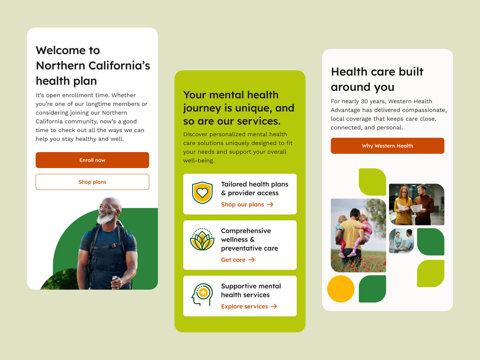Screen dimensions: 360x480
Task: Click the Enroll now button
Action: coord(92,160)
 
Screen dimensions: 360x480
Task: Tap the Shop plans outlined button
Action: coord(92,182)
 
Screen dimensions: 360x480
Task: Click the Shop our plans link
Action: coord(242,204)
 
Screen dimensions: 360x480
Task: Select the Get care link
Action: coord(233,260)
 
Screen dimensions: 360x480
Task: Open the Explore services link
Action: coord(244,306)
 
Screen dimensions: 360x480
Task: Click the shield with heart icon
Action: coord(202,192)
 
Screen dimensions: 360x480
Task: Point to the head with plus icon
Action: coord(202,294)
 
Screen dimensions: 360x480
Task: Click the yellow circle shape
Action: coord(341,289)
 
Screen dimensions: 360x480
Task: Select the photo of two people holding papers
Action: coord(417,204)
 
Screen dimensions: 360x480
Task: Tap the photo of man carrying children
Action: coord(358,235)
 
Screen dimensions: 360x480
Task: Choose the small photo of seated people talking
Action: coord(401,241)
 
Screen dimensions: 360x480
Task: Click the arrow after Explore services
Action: coord(274,306)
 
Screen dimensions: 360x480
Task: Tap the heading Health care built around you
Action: coord(377,79)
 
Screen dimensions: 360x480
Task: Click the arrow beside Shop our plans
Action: coord(270,204)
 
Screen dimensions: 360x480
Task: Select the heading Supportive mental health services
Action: coord(251,290)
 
